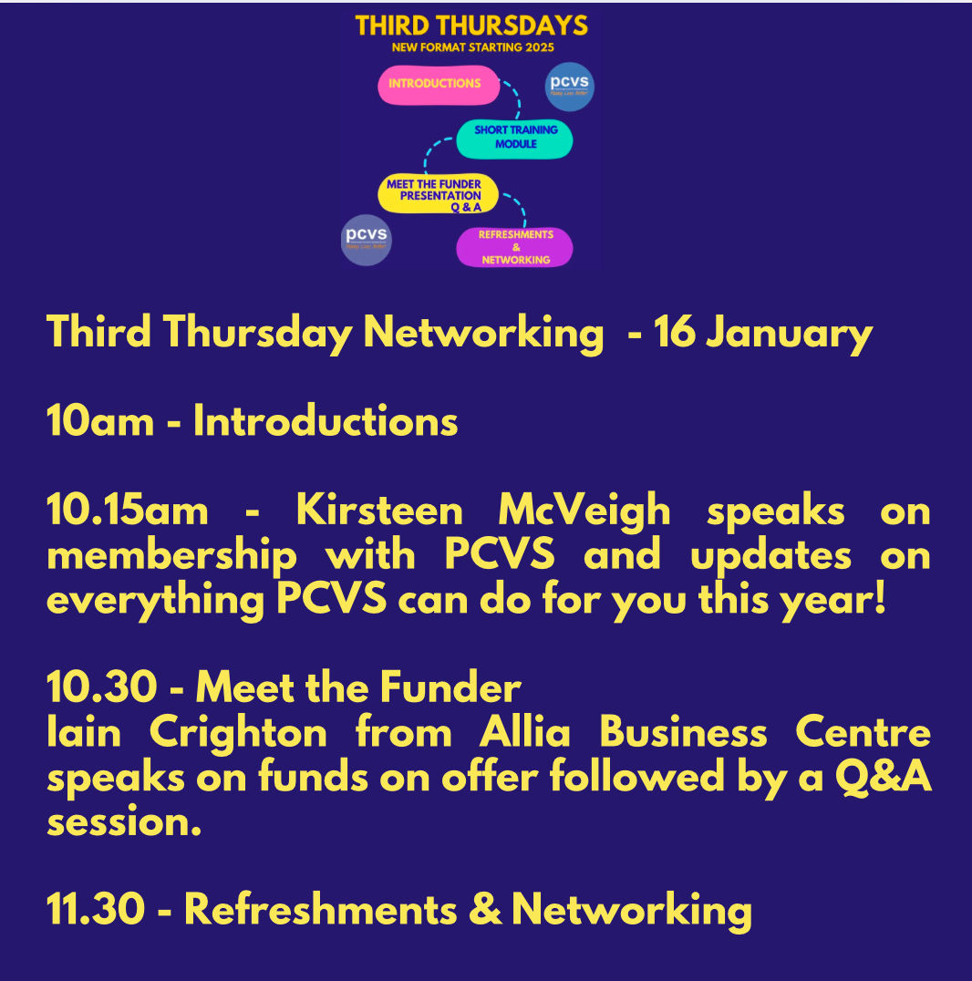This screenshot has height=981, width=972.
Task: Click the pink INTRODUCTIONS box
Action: (x=439, y=84)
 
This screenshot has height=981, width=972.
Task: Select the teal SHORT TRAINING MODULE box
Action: (x=515, y=138)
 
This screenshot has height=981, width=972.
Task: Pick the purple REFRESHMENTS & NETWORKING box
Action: (x=515, y=247)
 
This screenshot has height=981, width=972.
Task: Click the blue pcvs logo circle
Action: (x=569, y=87)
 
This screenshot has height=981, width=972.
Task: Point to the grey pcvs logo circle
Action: (x=367, y=240)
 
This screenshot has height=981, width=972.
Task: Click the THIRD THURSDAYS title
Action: (x=471, y=25)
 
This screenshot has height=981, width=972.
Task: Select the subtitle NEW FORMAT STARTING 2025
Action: (x=472, y=47)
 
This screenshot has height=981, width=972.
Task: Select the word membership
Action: (x=171, y=555)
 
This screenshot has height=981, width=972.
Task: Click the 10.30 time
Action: (x=98, y=687)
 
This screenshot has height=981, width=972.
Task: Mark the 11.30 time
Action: (x=97, y=911)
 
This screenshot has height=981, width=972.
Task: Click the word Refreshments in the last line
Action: (x=332, y=911)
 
